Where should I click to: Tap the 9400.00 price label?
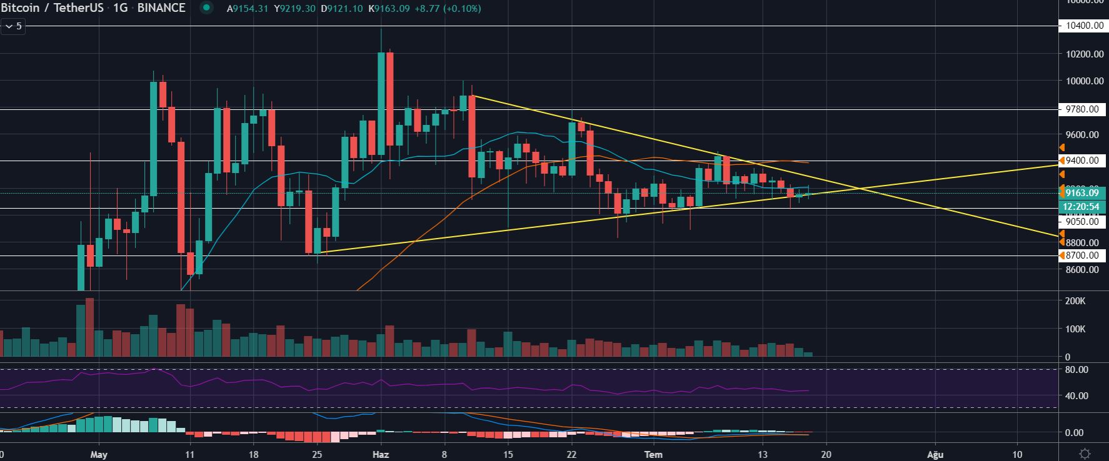[x=1083, y=161]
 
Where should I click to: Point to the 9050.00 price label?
[x=1082, y=221]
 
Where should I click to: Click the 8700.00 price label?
[x=1082, y=255]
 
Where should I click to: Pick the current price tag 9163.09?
[x=1082, y=193]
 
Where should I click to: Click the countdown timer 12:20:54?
[x=1082, y=206]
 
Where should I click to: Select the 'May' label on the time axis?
[x=99, y=454]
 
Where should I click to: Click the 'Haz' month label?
[x=381, y=454]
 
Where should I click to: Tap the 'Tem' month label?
[x=653, y=454]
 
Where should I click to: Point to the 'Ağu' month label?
[x=935, y=454]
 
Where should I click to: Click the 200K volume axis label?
[x=1076, y=301]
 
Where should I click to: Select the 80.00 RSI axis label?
[x=1076, y=370]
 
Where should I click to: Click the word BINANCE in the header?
[x=161, y=8]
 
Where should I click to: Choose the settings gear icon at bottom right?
[x=1085, y=454]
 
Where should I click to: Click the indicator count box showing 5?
[x=13, y=26]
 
